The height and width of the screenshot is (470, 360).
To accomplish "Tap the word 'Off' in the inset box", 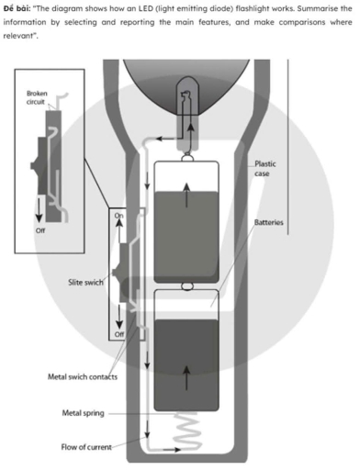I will [40, 230].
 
